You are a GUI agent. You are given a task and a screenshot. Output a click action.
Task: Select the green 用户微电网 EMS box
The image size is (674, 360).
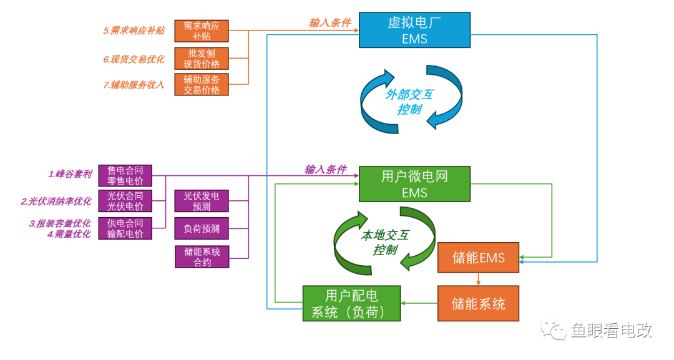point(415,184)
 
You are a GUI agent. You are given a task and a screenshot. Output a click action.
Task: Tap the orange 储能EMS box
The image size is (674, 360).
point(478,258)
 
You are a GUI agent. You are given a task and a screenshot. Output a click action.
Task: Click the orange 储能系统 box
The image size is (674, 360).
point(478,304)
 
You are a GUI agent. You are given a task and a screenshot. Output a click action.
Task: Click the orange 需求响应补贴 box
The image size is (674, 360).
point(202,31)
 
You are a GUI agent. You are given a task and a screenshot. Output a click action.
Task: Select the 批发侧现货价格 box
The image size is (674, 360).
point(202,59)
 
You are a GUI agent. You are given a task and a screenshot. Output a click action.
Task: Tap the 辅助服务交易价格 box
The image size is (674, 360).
point(202,84)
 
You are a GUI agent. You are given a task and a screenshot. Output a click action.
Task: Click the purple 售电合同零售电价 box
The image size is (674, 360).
point(125,175)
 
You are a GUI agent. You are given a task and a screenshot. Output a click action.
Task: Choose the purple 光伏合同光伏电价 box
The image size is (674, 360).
point(125,201)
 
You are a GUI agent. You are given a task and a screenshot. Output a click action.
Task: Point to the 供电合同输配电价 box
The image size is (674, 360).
point(125,228)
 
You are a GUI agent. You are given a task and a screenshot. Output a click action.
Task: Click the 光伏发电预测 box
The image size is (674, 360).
point(202,201)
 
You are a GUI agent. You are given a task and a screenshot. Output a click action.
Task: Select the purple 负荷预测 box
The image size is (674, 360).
point(202,228)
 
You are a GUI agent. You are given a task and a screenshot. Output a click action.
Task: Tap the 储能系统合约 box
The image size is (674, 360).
point(202,256)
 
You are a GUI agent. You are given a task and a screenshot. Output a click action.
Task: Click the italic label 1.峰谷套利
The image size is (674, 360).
point(70,174)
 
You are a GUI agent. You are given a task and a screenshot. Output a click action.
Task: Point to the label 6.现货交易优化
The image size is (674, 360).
point(134,59)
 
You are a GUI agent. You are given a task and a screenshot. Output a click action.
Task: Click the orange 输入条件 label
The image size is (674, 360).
point(330,23)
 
